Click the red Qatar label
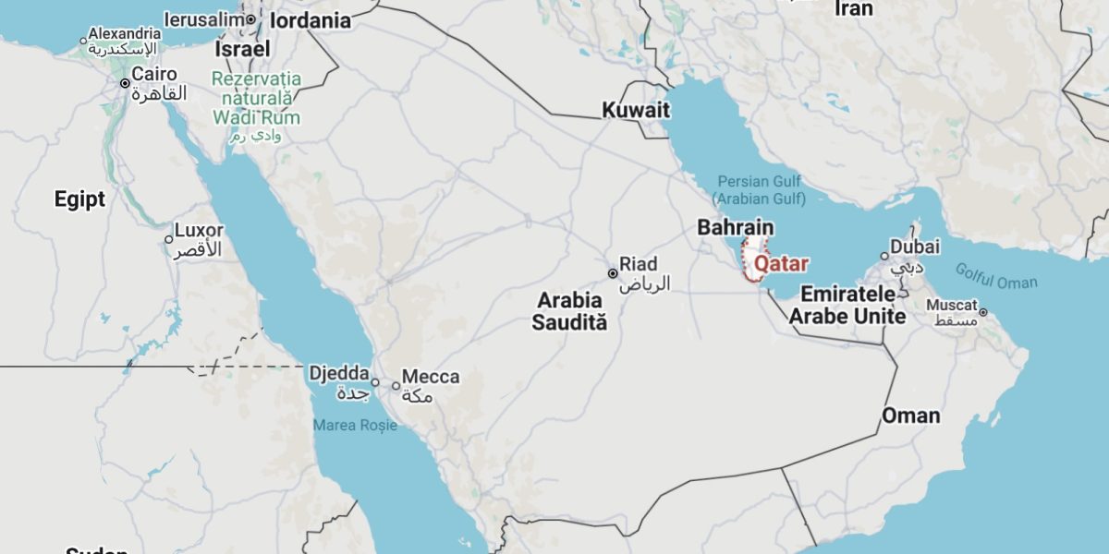point(781,264)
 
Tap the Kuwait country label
point(636,110)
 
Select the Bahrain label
point(736,227)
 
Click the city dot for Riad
point(612,273)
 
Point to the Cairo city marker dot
point(125,83)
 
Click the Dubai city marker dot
point(884,256)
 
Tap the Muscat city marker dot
point(983,312)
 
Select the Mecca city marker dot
point(396,386)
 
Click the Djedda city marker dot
point(375,382)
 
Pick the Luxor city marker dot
point(169,239)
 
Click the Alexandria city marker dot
point(82,40)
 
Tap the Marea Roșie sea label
point(355,426)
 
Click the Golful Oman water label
point(996,276)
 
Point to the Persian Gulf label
point(759,189)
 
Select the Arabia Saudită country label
point(570,311)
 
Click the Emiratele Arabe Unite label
point(853,305)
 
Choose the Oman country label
point(910,415)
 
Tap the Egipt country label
point(79,199)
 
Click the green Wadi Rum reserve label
point(256,98)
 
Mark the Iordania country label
point(311,20)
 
